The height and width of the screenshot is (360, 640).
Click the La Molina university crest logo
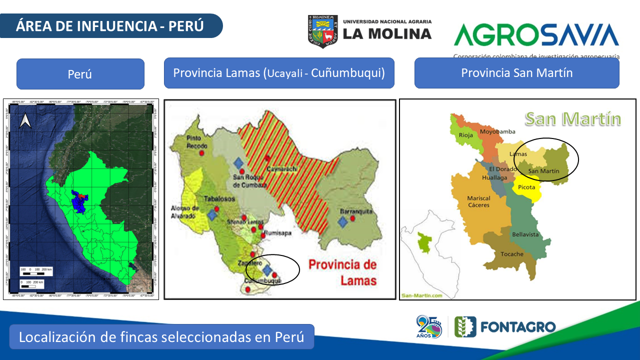(323, 31)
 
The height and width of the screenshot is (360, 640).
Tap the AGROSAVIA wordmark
(536, 35)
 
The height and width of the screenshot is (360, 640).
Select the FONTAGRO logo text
(517, 327)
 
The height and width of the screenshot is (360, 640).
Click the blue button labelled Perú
(80, 74)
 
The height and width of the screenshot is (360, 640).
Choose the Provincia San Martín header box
(516, 73)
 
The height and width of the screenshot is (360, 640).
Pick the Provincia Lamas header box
(279, 73)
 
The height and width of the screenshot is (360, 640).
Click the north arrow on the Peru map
(25, 120)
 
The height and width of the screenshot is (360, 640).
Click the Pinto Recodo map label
(197, 141)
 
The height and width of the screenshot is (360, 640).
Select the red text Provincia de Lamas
(342, 272)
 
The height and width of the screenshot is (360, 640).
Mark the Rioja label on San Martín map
(466, 135)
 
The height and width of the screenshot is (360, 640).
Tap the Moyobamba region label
(497, 132)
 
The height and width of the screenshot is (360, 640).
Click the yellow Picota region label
(526, 187)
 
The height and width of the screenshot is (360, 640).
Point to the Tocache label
(512, 254)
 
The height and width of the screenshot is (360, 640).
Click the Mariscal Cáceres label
(478, 201)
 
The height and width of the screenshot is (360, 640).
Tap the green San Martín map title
(572, 119)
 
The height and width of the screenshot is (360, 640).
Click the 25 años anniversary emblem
(429, 327)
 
